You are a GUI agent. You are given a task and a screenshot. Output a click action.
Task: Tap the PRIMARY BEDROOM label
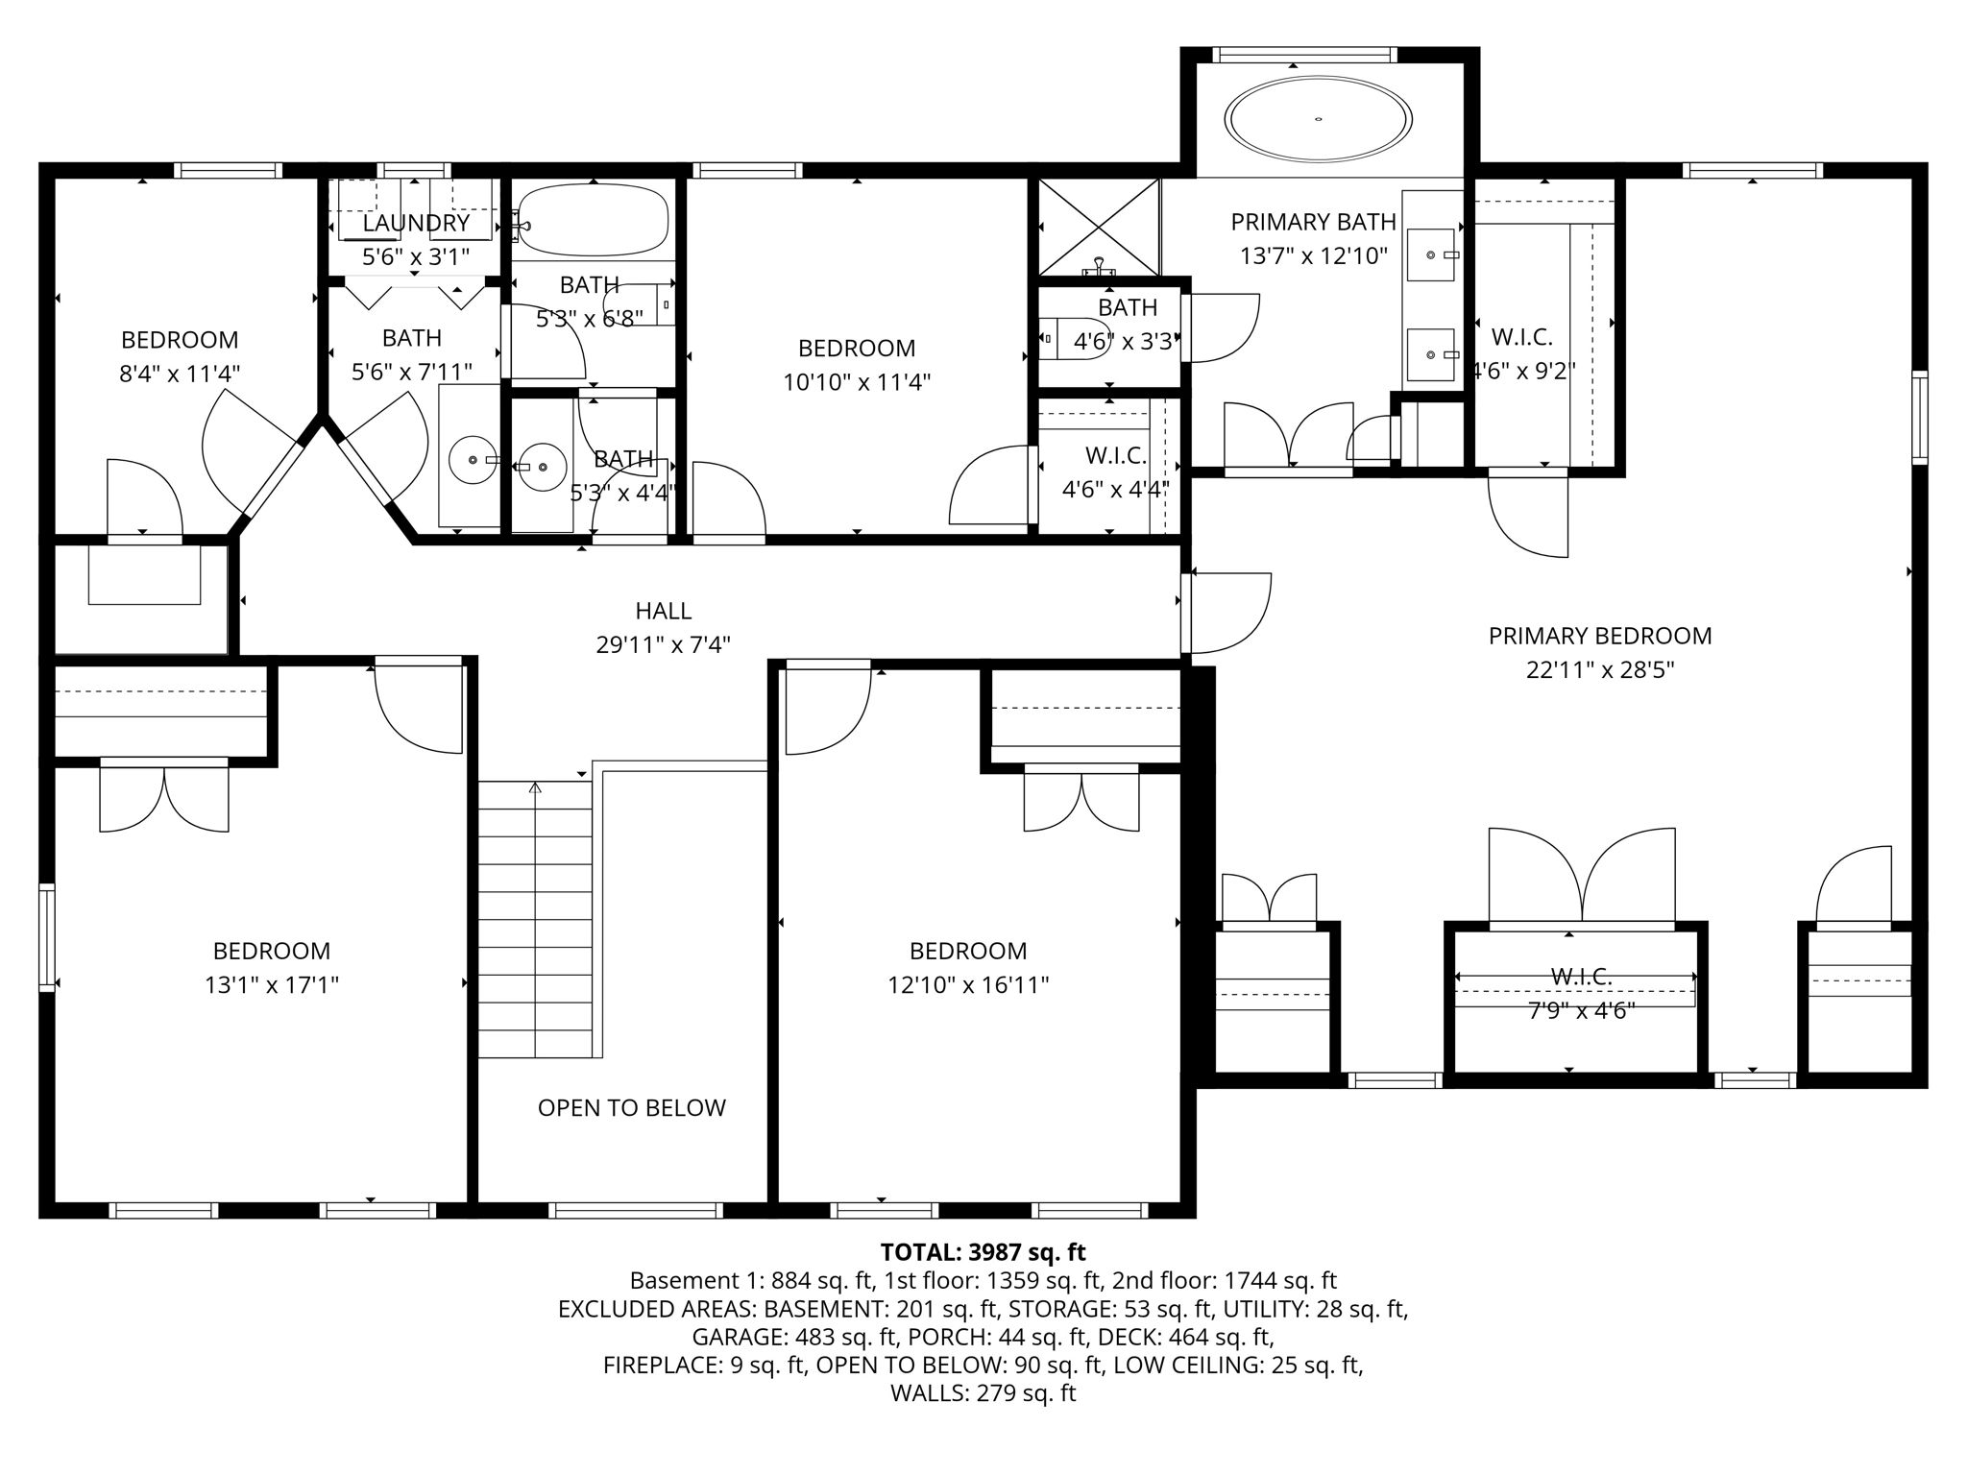(x=1600, y=636)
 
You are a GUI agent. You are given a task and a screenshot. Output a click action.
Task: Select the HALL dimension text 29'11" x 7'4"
(x=663, y=644)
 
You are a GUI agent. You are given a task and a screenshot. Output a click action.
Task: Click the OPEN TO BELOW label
(x=631, y=1108)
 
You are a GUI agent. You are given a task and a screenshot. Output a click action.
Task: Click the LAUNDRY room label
(x=416, y=224)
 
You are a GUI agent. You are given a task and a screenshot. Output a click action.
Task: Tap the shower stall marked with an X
(x=1099, y=227)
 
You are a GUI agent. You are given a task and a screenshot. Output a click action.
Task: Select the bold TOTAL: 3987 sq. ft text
(x=983, y=1252)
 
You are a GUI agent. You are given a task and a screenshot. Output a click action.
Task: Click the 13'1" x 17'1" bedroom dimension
(x=272, y=985)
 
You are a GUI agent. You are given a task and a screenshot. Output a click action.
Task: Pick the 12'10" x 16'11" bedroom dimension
(x=968, y=985)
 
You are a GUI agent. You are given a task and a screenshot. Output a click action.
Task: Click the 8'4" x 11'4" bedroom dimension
(x=180, y=374)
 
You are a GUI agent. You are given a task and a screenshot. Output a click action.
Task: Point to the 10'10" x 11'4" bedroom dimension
(x=857, y=382)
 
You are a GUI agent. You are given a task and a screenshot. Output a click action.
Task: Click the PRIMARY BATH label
(x=1313, y=222)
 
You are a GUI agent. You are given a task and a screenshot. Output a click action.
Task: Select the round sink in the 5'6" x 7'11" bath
(x=473, y=460)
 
